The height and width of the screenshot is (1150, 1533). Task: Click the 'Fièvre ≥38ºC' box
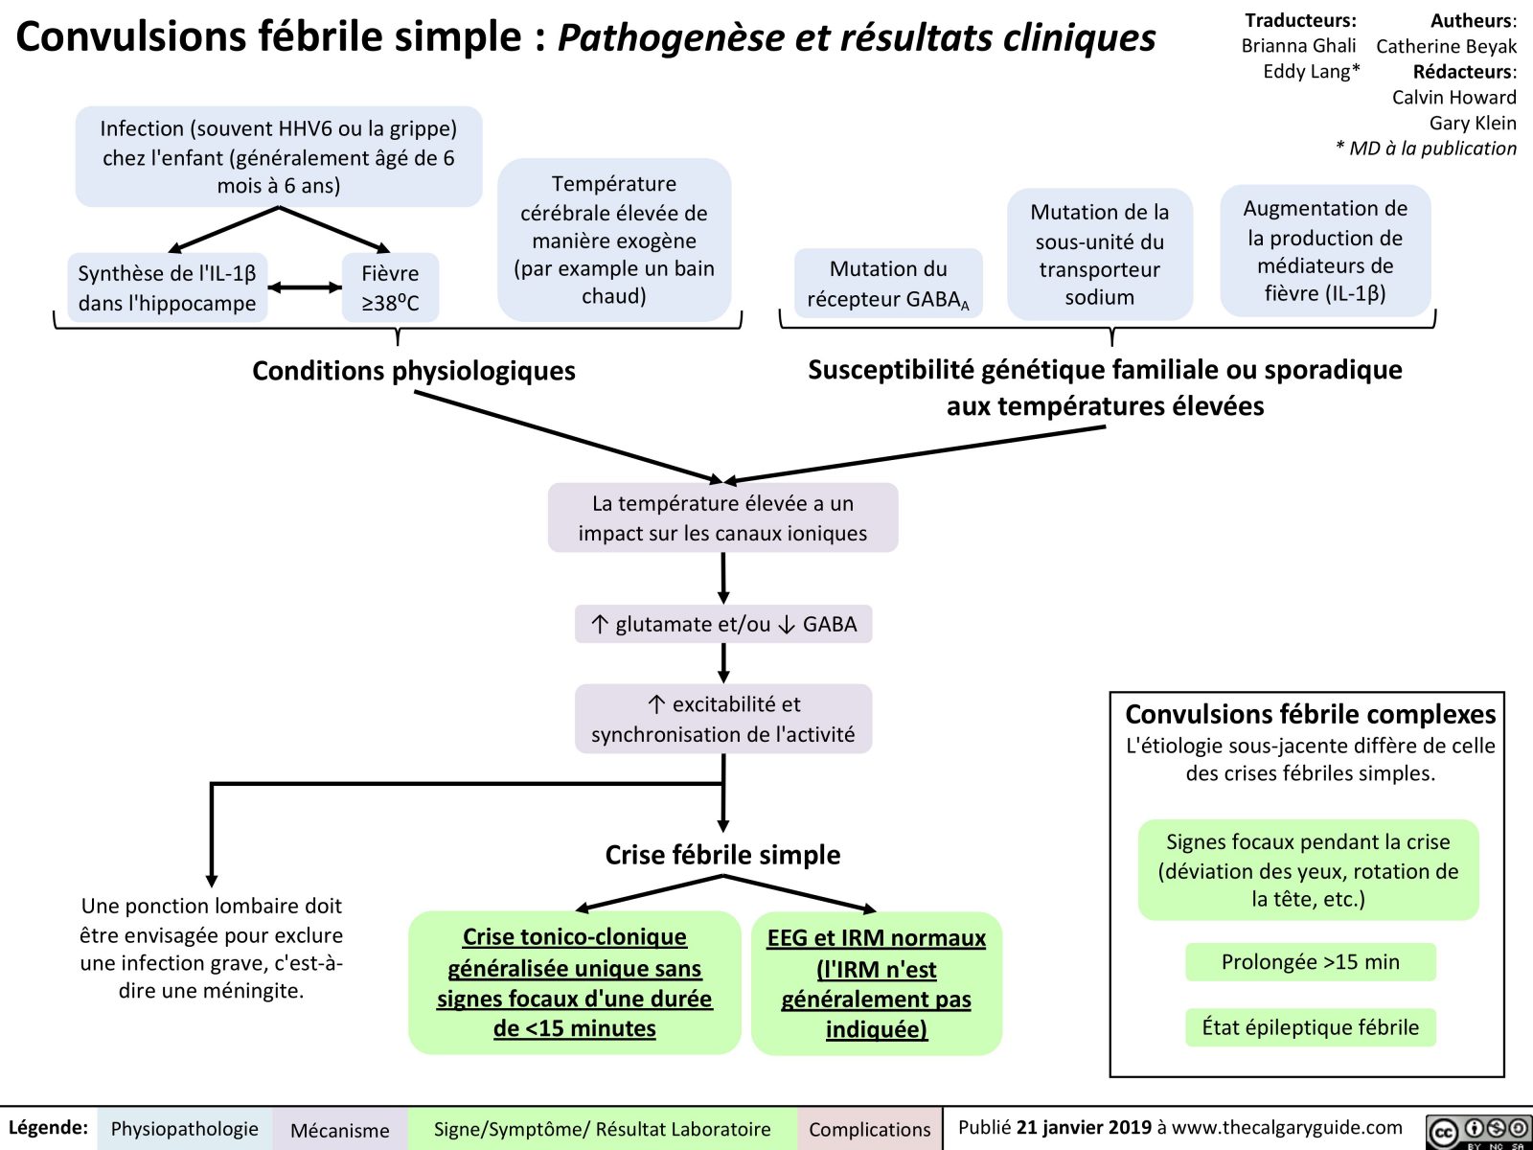pyautogui.click(x=390, y=287)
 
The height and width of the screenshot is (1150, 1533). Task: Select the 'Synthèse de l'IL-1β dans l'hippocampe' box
pyautogui.click(x=167, y=287)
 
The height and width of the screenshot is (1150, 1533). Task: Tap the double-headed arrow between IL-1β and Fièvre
pyautogui.click(x=305, y=287)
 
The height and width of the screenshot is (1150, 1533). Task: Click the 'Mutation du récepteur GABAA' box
pyautogui.click(x=887, y=284)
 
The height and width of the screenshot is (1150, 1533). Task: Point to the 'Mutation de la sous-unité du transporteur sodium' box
pyautogui.click(x=1099, y=254)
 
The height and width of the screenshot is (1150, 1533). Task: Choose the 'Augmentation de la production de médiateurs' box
pyautogui.click(x=1325, y=251)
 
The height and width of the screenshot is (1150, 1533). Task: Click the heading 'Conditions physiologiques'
pyautogui.click(x=413, y=371)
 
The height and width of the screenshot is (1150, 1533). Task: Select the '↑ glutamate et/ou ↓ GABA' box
pyautogui.click(x=723, y=624)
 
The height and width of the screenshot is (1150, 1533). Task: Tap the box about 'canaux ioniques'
pyautogui.click(x=722, y=517)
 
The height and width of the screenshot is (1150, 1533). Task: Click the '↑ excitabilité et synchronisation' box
pyautogui.click(x=723, y=719)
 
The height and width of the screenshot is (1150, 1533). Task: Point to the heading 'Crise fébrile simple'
pyautogui.click(x=722, y=855)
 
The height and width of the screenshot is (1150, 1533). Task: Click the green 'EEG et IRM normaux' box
pyautogui.click(x=876, y=983)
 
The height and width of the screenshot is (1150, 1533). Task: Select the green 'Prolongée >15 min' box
pyautogui.click(x=1310, y=962)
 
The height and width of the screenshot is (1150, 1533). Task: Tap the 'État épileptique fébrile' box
pyautogui.click(x=1310, y=1027)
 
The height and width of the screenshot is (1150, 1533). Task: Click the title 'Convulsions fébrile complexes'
pyautogui.click(x=1310, y=714)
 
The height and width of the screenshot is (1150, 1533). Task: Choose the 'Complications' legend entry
pyautogui.click(x=869, y=1129)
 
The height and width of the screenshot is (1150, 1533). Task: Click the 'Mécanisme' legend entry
pyautogui.click(x=339, y=1130)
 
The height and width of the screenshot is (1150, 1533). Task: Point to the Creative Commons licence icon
pyautogui.click(x=1477, y=1131)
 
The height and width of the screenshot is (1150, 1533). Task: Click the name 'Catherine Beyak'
pyautogui.click(x=1446, y=46)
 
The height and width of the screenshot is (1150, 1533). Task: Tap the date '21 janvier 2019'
pyautogui.click(x=1084, y=1128)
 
